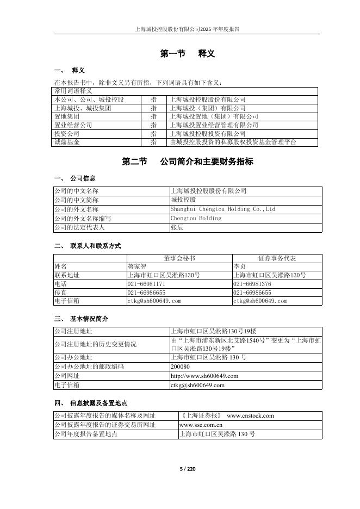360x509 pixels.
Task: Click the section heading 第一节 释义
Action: coord(187,53)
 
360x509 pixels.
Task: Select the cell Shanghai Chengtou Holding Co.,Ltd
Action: coord(223,209)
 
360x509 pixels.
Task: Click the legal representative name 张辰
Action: coord(177,227)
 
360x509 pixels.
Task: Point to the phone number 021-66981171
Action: coord(146,284)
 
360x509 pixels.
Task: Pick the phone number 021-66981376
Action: coord(252,284)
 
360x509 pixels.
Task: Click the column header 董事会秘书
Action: coord(179,258)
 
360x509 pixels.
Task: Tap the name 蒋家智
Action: coord(137,267)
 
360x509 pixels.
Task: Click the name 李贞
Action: coord(239,267)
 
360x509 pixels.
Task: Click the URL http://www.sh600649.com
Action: coord(204,376)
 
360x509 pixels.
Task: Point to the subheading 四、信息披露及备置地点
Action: coord(91,403)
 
